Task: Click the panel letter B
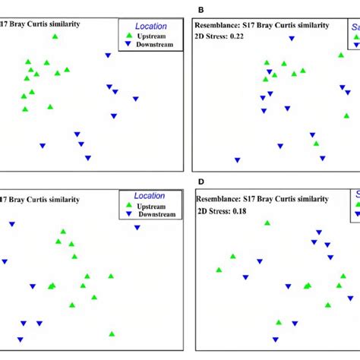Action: (201, 9)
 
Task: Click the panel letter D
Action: (201, 182)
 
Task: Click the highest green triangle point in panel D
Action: (267, 223)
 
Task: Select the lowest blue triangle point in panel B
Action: (238, 160)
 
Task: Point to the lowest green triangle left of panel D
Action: (112, 333)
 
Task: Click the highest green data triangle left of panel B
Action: (55, 36)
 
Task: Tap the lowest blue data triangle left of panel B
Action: (88, 158)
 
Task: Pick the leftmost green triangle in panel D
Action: (219, 270)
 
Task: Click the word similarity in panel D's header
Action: (307, 199)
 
